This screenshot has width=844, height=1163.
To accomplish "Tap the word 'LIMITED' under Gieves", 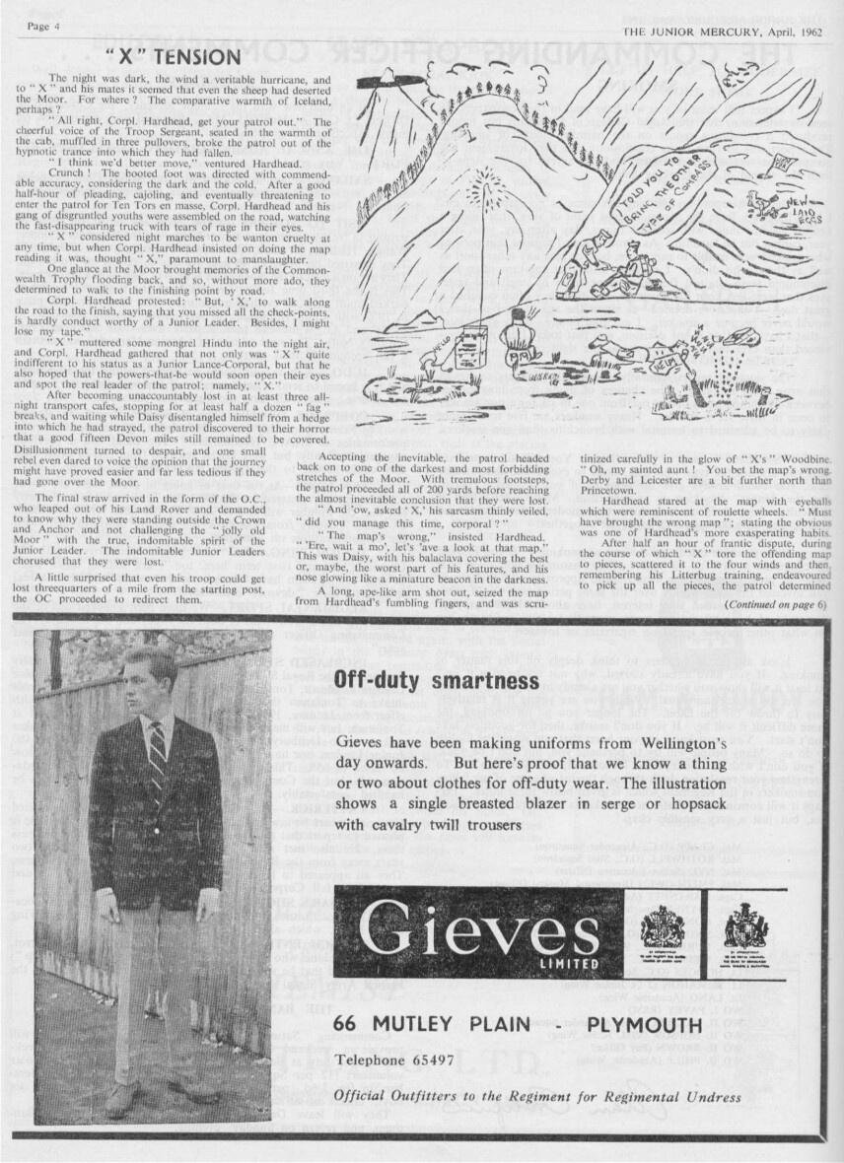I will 571,962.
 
